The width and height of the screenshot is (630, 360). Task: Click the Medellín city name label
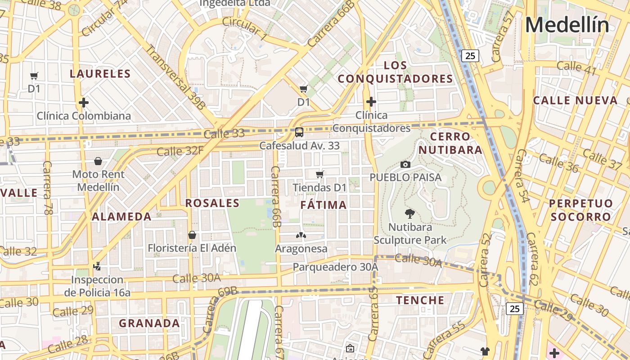click(x=567, y=25)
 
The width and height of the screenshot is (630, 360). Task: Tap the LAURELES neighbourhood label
click(x=100, y=74)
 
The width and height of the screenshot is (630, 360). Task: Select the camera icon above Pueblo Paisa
click(x=405, y=164)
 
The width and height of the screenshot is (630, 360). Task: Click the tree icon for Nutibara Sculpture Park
click(x=410, y=213)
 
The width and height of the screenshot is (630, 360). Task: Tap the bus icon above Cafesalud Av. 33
click(x=299, y=132)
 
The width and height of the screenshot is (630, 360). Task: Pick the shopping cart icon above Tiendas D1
click(x=320, y=174)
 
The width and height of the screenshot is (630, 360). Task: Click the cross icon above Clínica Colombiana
click(x=84, y=103)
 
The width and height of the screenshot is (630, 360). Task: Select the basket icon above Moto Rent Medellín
click(x=98, y=161)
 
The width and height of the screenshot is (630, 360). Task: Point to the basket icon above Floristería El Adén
click(x=192, y=235)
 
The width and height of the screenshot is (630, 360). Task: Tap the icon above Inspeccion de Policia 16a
click(x=97, y=266)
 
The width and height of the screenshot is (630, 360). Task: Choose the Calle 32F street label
click(x=180, y=151)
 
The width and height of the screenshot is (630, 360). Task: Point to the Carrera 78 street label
click(x=47, y=187)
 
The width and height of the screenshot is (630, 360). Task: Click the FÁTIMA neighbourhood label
click(x=324, y=205)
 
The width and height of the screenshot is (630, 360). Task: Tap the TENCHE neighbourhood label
click(x=420, y=300)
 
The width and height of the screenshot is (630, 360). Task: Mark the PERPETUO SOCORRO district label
click(x=581, y=210)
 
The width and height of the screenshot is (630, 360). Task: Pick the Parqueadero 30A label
click(x=335, y=267)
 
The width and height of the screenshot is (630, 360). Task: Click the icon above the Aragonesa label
click(x=301, y=235)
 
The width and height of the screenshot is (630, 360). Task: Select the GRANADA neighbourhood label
click(x=149, y=323)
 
